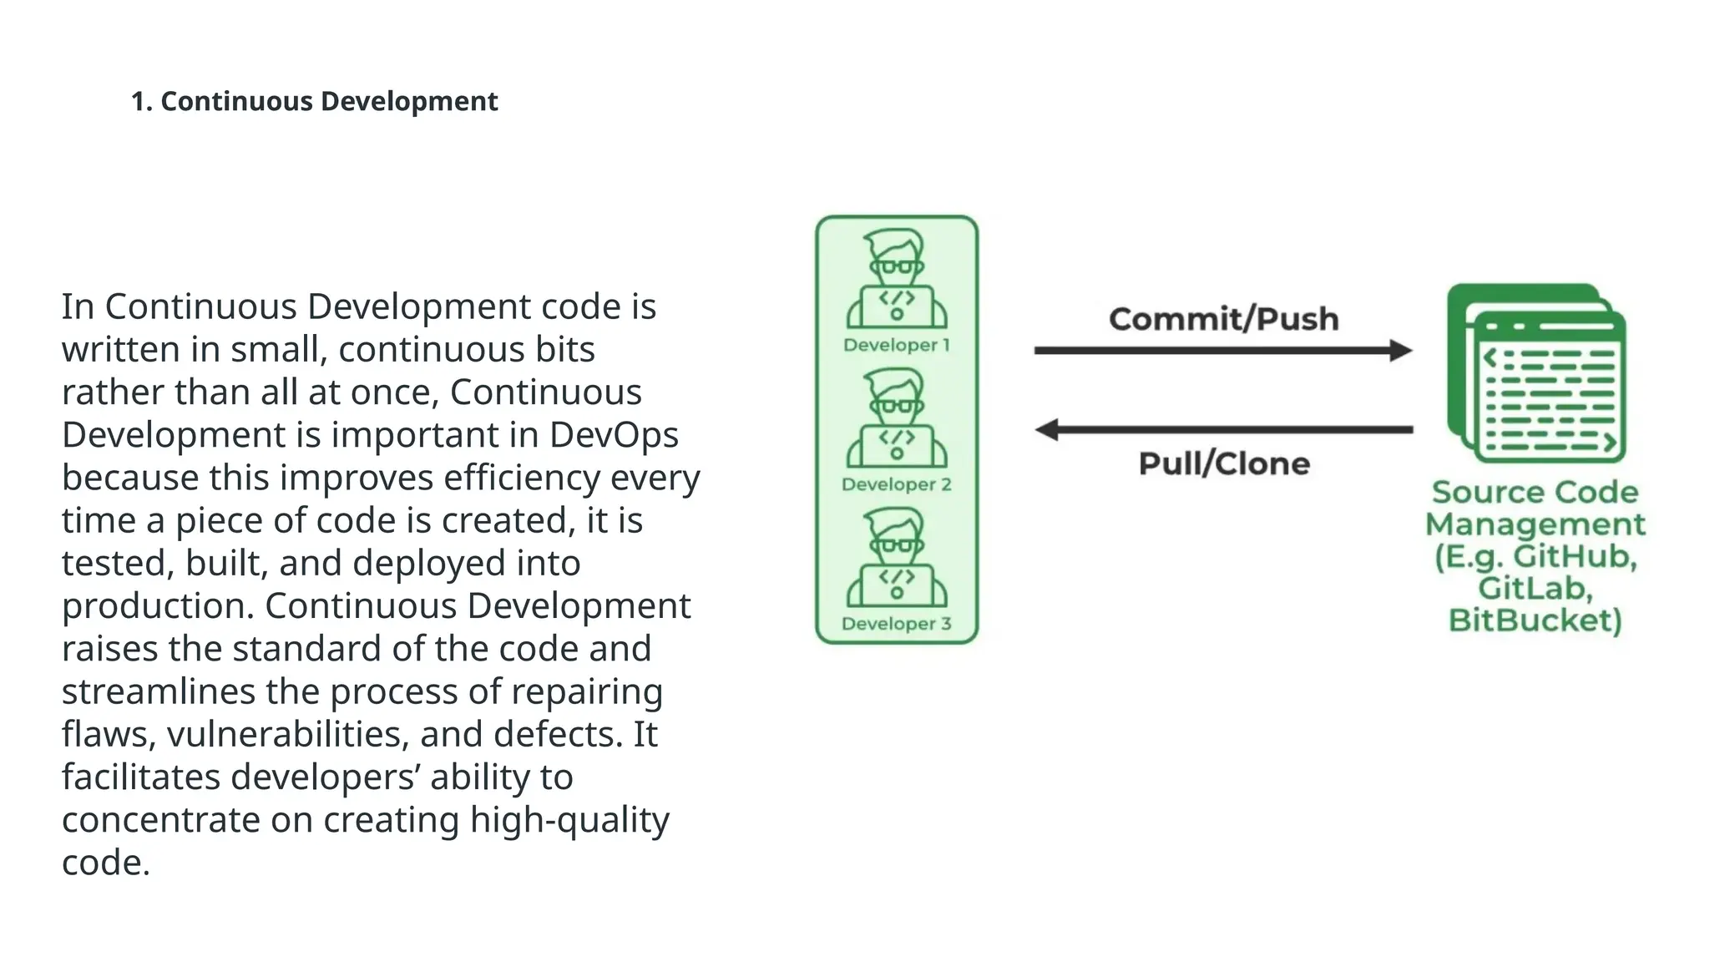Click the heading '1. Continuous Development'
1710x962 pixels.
(314, 101)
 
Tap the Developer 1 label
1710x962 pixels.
(896, 345)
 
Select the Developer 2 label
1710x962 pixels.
(896, 484)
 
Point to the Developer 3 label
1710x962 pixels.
(896, 624)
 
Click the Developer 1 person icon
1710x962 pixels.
(896, 280)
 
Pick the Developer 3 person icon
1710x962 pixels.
(896, 558)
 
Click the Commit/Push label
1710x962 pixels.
(1223, 319)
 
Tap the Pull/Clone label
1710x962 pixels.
(1224, 463)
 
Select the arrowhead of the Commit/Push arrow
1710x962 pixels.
(1400, 351)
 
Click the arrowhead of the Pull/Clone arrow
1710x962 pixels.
(1047, 430)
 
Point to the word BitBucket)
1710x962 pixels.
(1535, 620)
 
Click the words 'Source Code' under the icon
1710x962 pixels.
(1535, 492)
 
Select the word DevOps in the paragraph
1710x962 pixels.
(614, 435)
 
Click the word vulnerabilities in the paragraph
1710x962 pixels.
(287, 735)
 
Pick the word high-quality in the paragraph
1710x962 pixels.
(569, 820)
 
